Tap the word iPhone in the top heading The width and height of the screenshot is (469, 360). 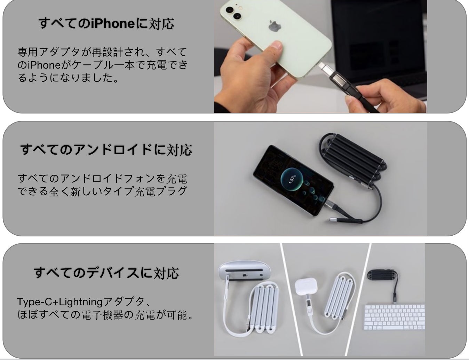[x=113, y=23]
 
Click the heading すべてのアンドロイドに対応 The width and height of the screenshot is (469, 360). [x=106, y=150]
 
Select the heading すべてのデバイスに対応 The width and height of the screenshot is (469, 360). [x=106, y=273]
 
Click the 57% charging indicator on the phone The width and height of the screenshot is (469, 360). [x=292, y=179]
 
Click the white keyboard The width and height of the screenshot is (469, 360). [x=395, y=317]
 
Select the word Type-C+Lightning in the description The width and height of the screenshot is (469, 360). [x=59, y=302]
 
